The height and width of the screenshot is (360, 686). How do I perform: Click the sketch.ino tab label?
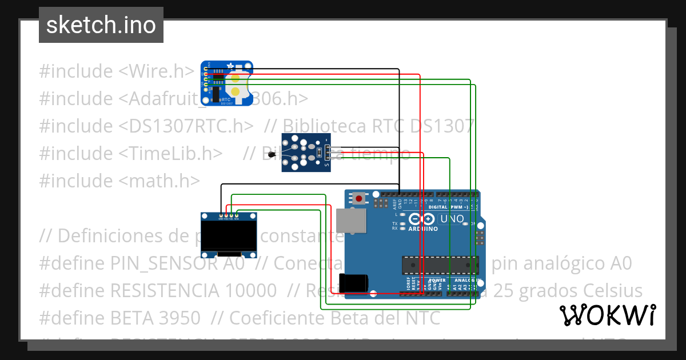101,25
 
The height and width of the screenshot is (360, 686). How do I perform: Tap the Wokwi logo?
607,315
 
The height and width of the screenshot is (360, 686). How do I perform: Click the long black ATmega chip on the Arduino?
440,265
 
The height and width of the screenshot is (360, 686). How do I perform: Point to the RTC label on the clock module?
225,99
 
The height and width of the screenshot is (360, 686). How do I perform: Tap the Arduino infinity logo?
422,219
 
